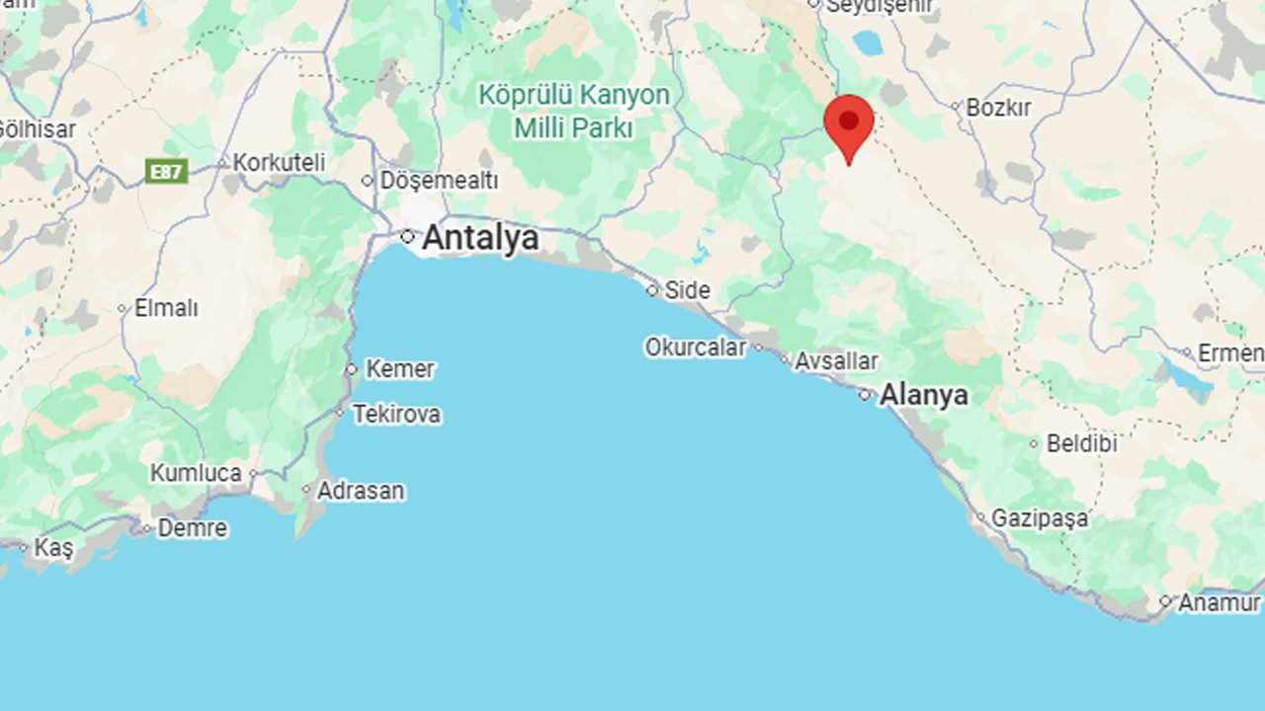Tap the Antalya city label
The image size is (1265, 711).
[480, 238]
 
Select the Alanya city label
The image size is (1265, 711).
[923, 395]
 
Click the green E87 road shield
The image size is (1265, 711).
[166, 172]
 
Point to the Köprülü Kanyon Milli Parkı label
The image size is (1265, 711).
[574, 111]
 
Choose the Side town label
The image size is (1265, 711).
[687, 290]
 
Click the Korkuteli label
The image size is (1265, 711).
[279, 162]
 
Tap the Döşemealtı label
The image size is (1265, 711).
[439, 181]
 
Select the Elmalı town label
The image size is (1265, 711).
[166, 308]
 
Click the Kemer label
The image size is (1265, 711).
[399, 369]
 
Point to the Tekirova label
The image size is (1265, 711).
[396, 414]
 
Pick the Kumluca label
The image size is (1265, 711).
[196, 473]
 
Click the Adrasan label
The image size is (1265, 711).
[360, 490]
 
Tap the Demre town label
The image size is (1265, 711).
[192, 528]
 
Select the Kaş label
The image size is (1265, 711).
[53, 547]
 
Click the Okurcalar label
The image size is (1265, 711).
[696, 348]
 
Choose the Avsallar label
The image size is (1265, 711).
[836, 361]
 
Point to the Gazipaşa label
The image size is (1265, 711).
[1039, 517]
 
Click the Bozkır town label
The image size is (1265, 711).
[998, 107]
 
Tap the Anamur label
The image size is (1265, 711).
[1220, 601]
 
